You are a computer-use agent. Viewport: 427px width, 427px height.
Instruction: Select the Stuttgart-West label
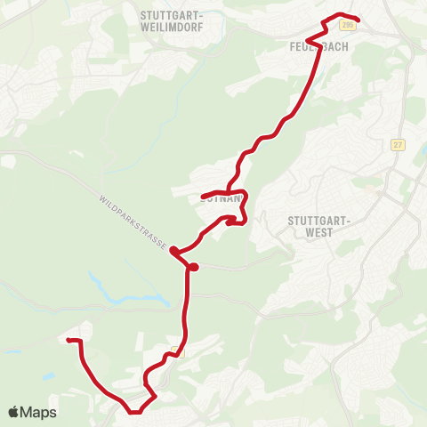(x=322, y=227)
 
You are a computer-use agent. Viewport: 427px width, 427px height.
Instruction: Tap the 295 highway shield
(x=347, y=26)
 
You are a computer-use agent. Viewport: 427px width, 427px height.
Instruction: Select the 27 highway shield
(x=397, y=144)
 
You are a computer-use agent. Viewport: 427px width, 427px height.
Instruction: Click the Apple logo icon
(x=14, y=412)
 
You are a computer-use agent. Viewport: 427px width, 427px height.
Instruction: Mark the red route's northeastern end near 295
(x=358, y=20)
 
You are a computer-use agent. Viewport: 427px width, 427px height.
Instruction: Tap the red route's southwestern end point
(x=68, y=341)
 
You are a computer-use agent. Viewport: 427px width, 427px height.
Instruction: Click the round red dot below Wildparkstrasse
(x=193, y=266)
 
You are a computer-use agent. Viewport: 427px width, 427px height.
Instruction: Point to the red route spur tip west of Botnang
(x=203, y=197)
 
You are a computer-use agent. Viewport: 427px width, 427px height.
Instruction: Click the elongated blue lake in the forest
(x=134, y=297)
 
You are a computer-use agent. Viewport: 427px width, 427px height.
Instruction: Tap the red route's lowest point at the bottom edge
(x=134, y=412)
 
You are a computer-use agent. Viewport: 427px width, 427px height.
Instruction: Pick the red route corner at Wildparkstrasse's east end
(x=173, y=251)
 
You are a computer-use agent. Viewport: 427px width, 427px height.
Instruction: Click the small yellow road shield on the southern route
(x=173, y=350)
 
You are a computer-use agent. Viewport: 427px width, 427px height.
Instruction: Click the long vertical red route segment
(x=188, y=302)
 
